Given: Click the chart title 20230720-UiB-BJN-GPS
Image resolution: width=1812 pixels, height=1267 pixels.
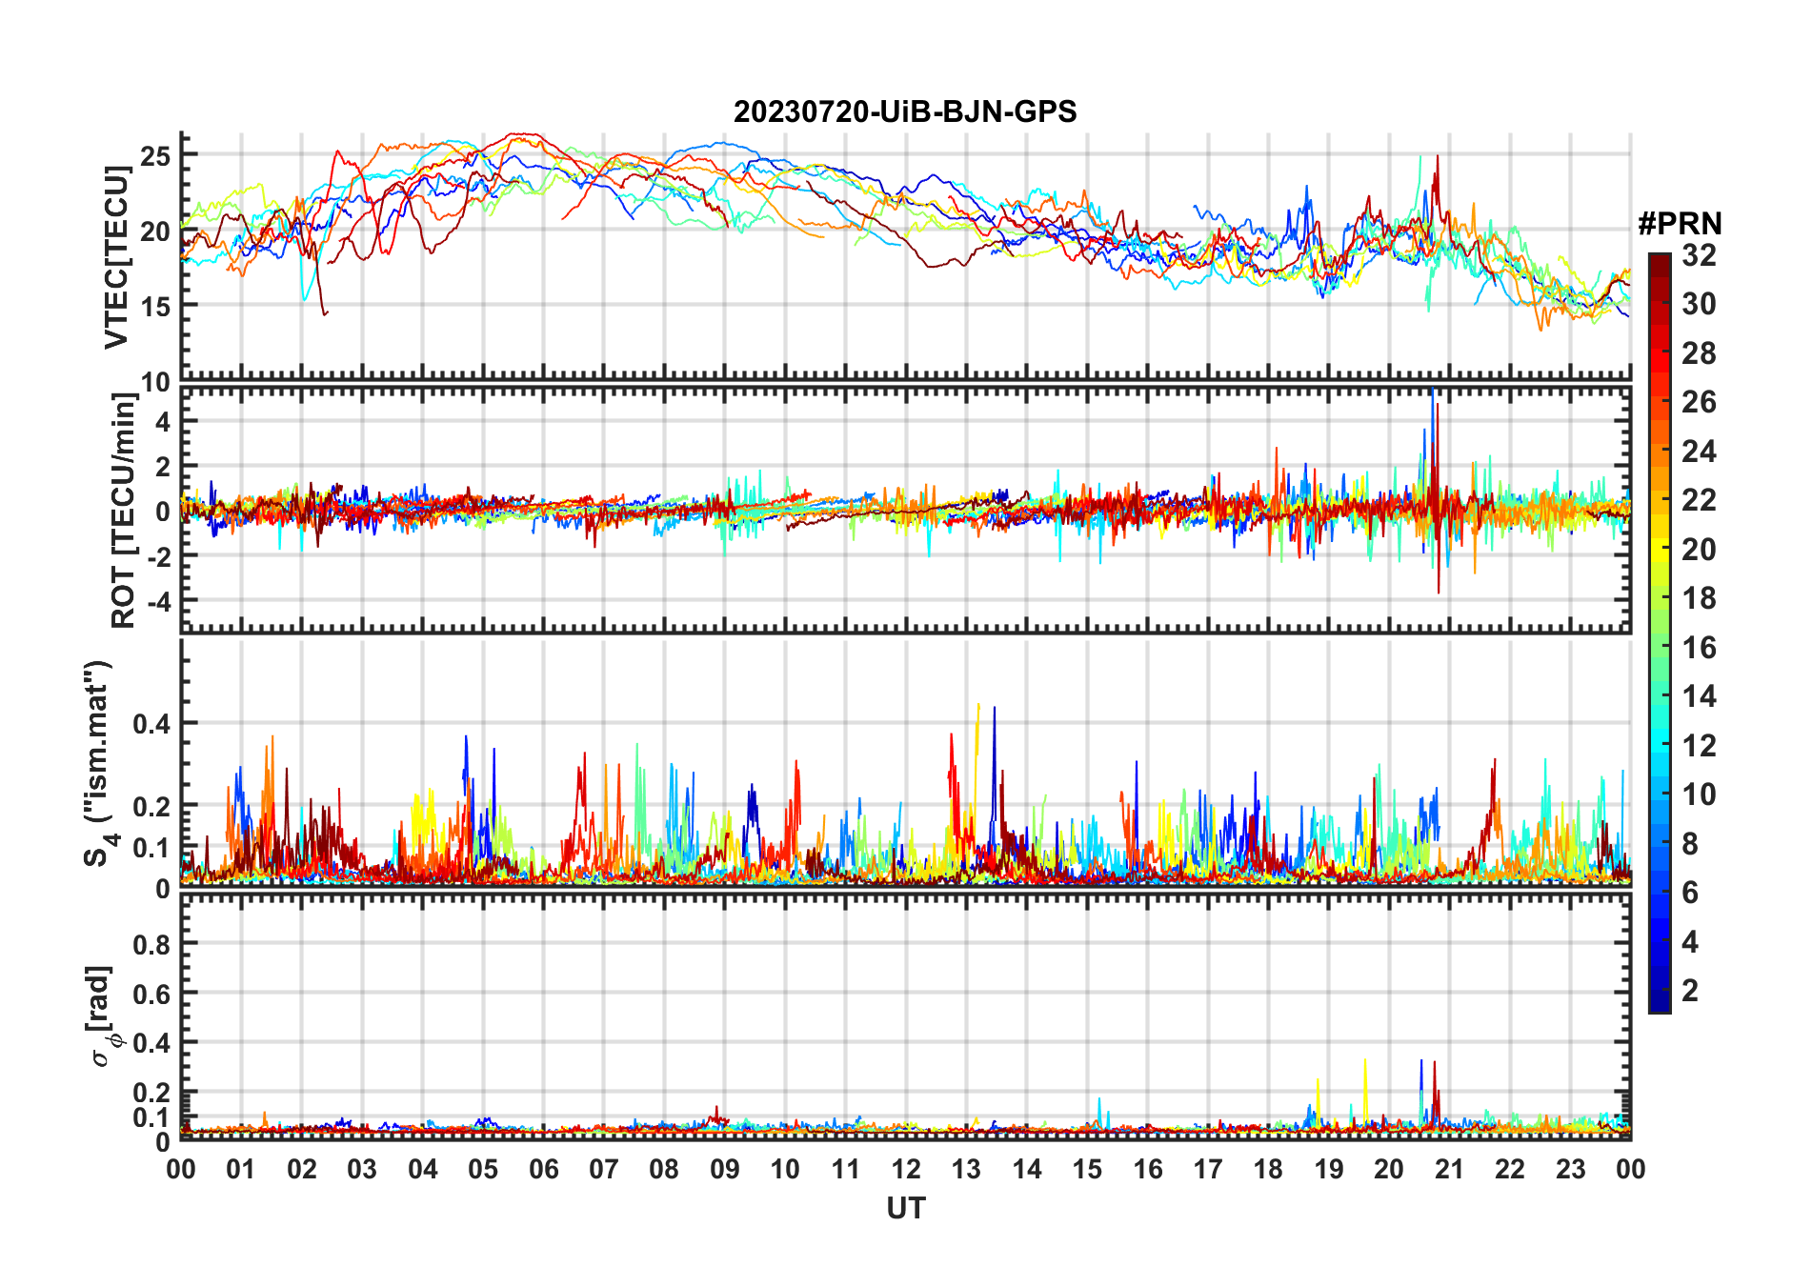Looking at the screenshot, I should tap(904, 111).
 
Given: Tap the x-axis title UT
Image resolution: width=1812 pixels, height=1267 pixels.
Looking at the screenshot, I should tap(905, 1209).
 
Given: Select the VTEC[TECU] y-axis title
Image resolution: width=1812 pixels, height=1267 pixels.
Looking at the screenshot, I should tap(116, 257).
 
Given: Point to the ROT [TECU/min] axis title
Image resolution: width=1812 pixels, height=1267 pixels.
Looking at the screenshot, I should tap(124, 510).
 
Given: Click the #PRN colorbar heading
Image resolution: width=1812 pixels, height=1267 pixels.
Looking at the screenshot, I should tap(1680, 224).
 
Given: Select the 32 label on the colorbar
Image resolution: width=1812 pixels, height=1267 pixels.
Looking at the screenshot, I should tap(1699, 255).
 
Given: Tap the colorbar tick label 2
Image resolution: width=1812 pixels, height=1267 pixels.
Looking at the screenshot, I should tap(1690, 991).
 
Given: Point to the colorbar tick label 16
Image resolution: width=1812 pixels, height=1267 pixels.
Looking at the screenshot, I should tap(1699, 648).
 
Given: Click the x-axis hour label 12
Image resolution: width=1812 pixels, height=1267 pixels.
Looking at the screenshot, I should tap(905, 1170).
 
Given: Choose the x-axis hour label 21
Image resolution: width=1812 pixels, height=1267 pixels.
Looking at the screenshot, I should tap(1449, 1170).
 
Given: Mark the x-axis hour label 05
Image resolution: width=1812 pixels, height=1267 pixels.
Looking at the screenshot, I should tap(483, 1170).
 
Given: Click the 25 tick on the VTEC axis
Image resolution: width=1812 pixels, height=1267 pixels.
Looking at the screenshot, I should tap(155, 155).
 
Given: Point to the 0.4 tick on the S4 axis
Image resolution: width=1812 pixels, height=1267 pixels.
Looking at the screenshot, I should tap(151, 724).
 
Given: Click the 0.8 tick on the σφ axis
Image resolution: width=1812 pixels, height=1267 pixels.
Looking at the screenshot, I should tap(151, 945).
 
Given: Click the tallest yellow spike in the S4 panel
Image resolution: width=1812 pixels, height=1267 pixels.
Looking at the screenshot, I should tap(978, 706).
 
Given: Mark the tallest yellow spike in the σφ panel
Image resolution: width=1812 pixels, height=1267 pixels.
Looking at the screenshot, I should tap(1365, 1061).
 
